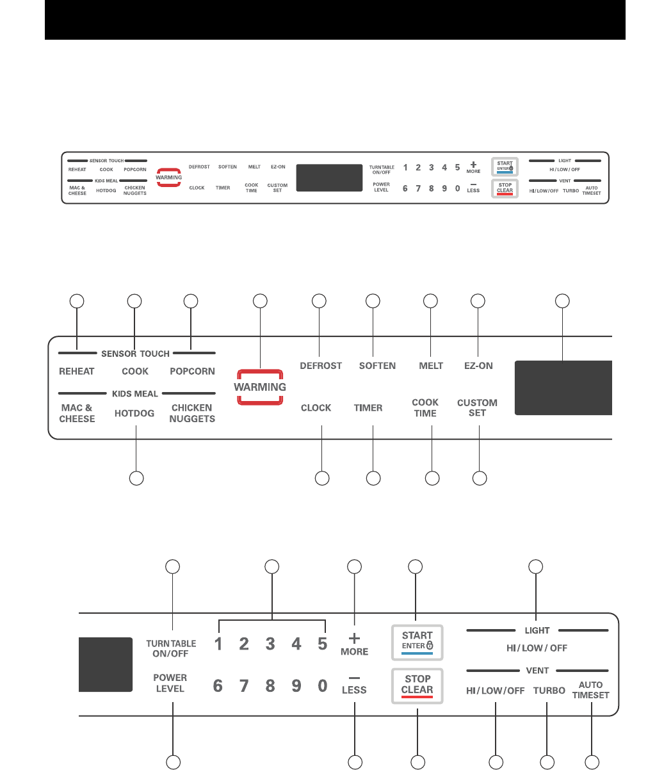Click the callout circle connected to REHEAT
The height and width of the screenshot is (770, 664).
point(77,300)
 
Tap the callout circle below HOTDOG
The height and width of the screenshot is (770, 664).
point(136,478)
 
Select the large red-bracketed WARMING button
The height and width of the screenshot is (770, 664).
point(260,387)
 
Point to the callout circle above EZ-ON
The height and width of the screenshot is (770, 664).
point(478,300)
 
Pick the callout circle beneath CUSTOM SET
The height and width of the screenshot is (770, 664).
point(479,478)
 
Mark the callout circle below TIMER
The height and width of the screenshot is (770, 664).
point(373,478)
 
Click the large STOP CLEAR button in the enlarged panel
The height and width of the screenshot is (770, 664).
point(417,685)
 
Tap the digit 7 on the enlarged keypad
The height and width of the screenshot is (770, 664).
point(244,686)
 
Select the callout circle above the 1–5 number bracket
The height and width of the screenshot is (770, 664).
point(272,566)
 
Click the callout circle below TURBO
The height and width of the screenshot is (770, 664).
point(547,762)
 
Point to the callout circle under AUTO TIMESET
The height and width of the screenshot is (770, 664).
point(592,762)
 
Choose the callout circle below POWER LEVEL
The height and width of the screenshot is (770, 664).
point(173,762)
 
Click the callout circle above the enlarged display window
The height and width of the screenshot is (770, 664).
point(562,300)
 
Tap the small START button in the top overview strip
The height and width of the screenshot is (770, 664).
point(505,167)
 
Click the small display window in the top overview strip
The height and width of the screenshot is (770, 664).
point(329,177)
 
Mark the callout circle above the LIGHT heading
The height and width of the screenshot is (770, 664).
point(535,566)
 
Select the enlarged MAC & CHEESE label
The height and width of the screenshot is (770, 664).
point(77,413)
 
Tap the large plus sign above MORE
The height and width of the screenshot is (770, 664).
point(354,638)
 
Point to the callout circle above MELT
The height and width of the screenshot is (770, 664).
point(431,300)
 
